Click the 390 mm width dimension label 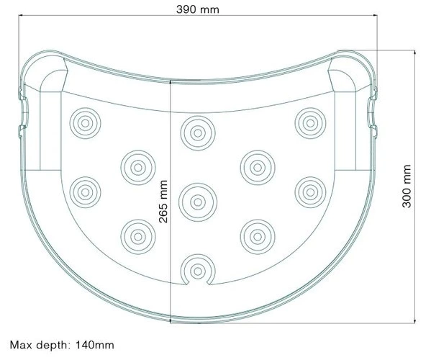point(198,9)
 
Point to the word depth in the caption point(53,346)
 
